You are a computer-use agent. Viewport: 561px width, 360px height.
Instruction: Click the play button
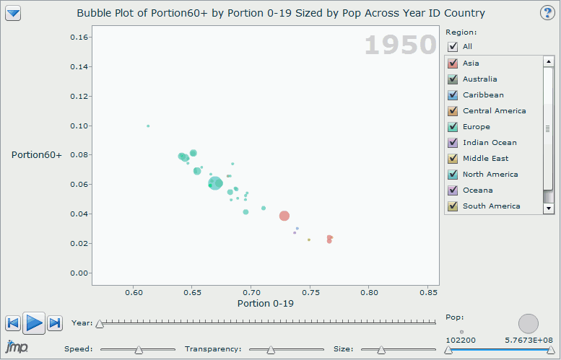click(x=34, y=323)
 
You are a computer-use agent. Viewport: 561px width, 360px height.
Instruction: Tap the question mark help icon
click(x=547, y=13)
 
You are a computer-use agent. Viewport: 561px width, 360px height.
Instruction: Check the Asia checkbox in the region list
click(x=453, y=63)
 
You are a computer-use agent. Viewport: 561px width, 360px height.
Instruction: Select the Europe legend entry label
click(x=476, y=127)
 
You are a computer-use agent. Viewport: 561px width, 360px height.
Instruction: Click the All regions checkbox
click(x=453, y=46)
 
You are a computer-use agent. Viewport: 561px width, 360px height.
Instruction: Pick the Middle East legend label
click(x=485, y=159)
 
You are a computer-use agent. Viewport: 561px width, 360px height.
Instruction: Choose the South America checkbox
click(x=453, y=206)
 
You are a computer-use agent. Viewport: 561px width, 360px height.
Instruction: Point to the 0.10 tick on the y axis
click(x=79, y=126)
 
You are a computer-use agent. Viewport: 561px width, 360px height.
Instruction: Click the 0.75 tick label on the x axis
click(x=310, y=292)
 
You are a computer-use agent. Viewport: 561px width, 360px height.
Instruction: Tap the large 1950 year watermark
click(x=400, y=45)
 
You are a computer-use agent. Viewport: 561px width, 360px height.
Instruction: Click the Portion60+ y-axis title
click(x=37, y=154)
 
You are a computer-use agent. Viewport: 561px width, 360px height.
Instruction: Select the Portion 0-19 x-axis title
click(x=265, y=304)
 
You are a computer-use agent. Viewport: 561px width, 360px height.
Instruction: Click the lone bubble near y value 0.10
click(x=148, y=126)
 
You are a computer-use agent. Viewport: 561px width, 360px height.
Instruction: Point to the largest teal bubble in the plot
click(x=215, y=183)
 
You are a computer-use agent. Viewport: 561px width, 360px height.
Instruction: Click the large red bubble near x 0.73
click(x=284, y=216)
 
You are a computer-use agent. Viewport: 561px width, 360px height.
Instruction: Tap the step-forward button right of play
click(x=55, y=323)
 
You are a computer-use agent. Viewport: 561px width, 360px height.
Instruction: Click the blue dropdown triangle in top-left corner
click(x=14, y=13)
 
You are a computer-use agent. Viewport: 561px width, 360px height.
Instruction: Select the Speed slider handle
click(x=139, y=350)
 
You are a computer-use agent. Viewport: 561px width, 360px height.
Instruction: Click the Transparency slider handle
click(x=271, y=350)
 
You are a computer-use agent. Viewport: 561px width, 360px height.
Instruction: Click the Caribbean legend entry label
click(x=483, y=95)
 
